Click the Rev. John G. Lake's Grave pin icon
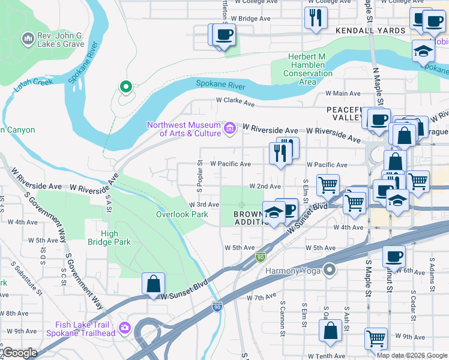pyautogui.click(x=27, y=40)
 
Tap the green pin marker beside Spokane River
pyautogui.click(x=125, y=88)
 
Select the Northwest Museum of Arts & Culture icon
pyautogui.click(x=229, y=128)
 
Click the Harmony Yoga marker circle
pyautogui.click(x=328, y=269)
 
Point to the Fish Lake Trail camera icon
pyautogui.click(x=124, y=328)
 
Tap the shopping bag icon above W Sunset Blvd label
pyautogui.click(x=153, y=283)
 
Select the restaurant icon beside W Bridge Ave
pyautogui.click(x=315, y=17)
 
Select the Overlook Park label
pyautogui.click(x=181, y=214)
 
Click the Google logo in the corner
pyautogui.click(x=20, y=353)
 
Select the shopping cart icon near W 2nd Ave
pyautogui.click(x=328, y=185)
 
